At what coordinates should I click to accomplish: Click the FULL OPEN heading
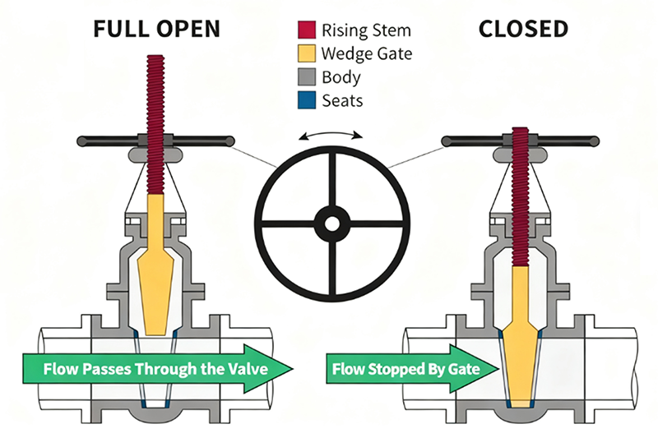[x=157, y=29]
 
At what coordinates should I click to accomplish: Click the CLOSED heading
[x=523, y=29]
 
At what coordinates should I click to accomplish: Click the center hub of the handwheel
[x=332, y=223]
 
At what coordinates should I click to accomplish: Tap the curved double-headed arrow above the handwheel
[x=332, y=134]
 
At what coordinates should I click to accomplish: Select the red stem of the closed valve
[x=521, y=197]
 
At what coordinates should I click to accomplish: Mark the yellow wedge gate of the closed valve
[x=520, y=345]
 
